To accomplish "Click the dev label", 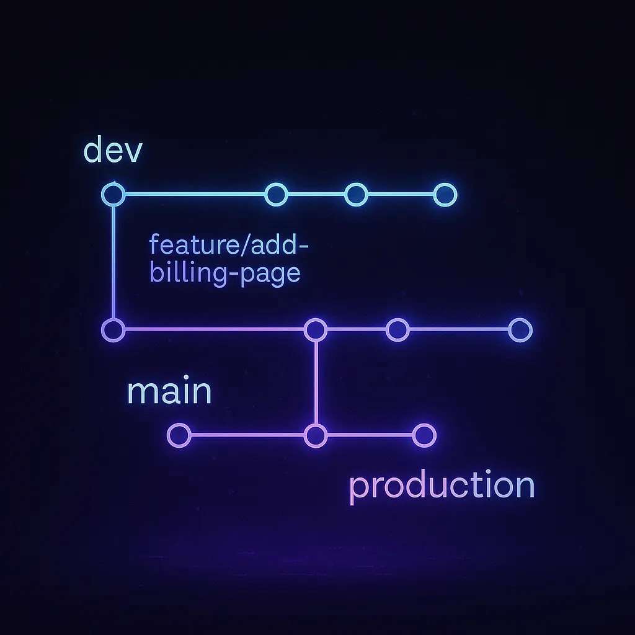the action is click(x=113, y=151).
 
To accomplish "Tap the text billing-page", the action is click(x=225, y=273).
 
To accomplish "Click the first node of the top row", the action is click(x=113, y=194).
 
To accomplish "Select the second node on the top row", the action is click(x=276, y=194).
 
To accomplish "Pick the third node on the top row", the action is click(x=356, y=194).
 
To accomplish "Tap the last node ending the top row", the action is click(x=445, y=195).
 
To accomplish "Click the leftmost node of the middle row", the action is click(x=113, y=330).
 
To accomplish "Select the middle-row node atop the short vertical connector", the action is click(x=316, y=330).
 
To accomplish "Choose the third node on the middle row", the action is click(x=397, y=330).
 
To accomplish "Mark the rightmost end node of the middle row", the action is click(x=520, y=330).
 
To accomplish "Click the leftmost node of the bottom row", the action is click(x=179, y=435).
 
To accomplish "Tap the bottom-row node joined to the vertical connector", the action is click(x=316, y=436).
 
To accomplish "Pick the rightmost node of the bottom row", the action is click(x=424, y=435).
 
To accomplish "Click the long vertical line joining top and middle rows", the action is click(x=113, y=262).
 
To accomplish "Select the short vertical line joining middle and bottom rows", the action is click(x=316, y=383).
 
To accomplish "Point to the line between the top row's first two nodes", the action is click(x=195, y=194).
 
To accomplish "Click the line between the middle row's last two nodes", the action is click(x=459, y=330).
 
